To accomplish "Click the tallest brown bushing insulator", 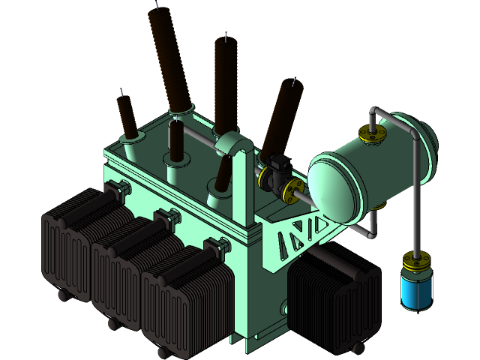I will (x=168, y=60).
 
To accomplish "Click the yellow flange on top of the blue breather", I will (x=415, y=262).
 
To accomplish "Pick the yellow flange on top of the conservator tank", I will (x=373, y=133).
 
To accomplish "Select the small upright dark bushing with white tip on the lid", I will (x=177, y=142).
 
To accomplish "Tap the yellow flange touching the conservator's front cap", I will (x=292, y=190).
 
